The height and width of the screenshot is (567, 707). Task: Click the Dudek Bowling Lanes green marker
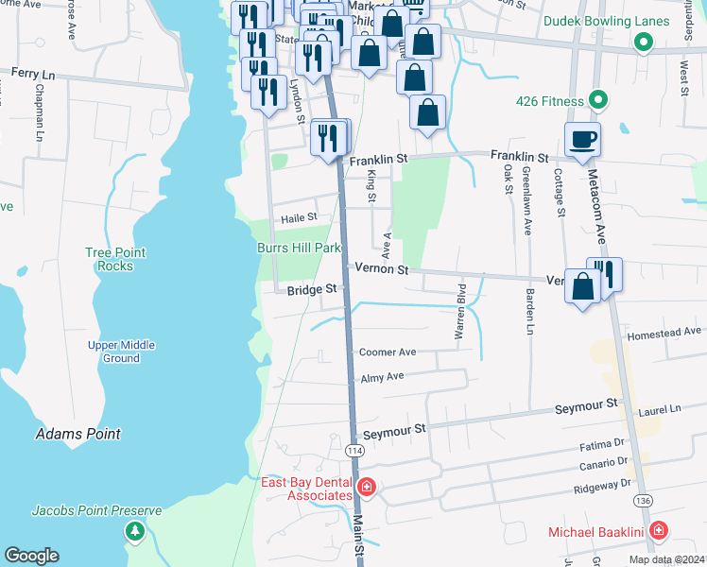pos(644,42)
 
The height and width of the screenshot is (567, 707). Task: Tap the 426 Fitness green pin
pos(597,99)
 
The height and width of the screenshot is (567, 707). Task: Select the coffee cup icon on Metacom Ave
pos(582,139)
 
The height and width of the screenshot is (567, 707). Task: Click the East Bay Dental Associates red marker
pos(367,488)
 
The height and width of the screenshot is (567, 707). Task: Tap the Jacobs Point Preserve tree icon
pos(135,531)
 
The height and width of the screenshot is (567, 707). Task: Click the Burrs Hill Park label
pos(299,248)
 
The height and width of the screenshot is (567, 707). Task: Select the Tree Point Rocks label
pos(115,259)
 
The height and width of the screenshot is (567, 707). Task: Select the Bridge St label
pos(312,290)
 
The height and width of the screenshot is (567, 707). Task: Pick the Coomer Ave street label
pos(388,352)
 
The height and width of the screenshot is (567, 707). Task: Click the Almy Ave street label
pos(382,376)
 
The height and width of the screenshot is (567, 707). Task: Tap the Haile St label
pos(299,217)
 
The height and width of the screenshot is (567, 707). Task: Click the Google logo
pos(31,556)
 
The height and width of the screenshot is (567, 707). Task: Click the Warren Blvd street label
pos(461,312)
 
